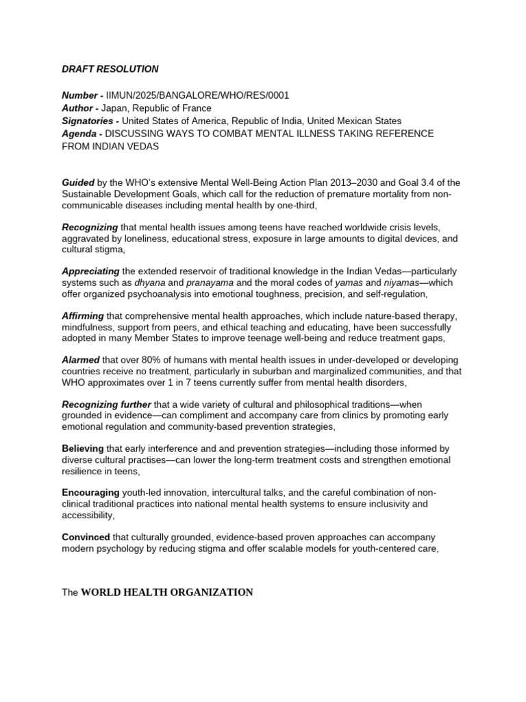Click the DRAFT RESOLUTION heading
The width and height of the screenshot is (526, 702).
pos(110,69)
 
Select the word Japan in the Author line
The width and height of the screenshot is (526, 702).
pos(115,108)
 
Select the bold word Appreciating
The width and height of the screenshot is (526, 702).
pos(91,271)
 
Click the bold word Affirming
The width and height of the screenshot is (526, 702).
pos(83,316)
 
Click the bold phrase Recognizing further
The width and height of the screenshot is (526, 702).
pos(106,404)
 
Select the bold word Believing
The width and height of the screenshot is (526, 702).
pos(83,449)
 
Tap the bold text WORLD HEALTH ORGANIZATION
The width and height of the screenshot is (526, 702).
pos(167,592)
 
